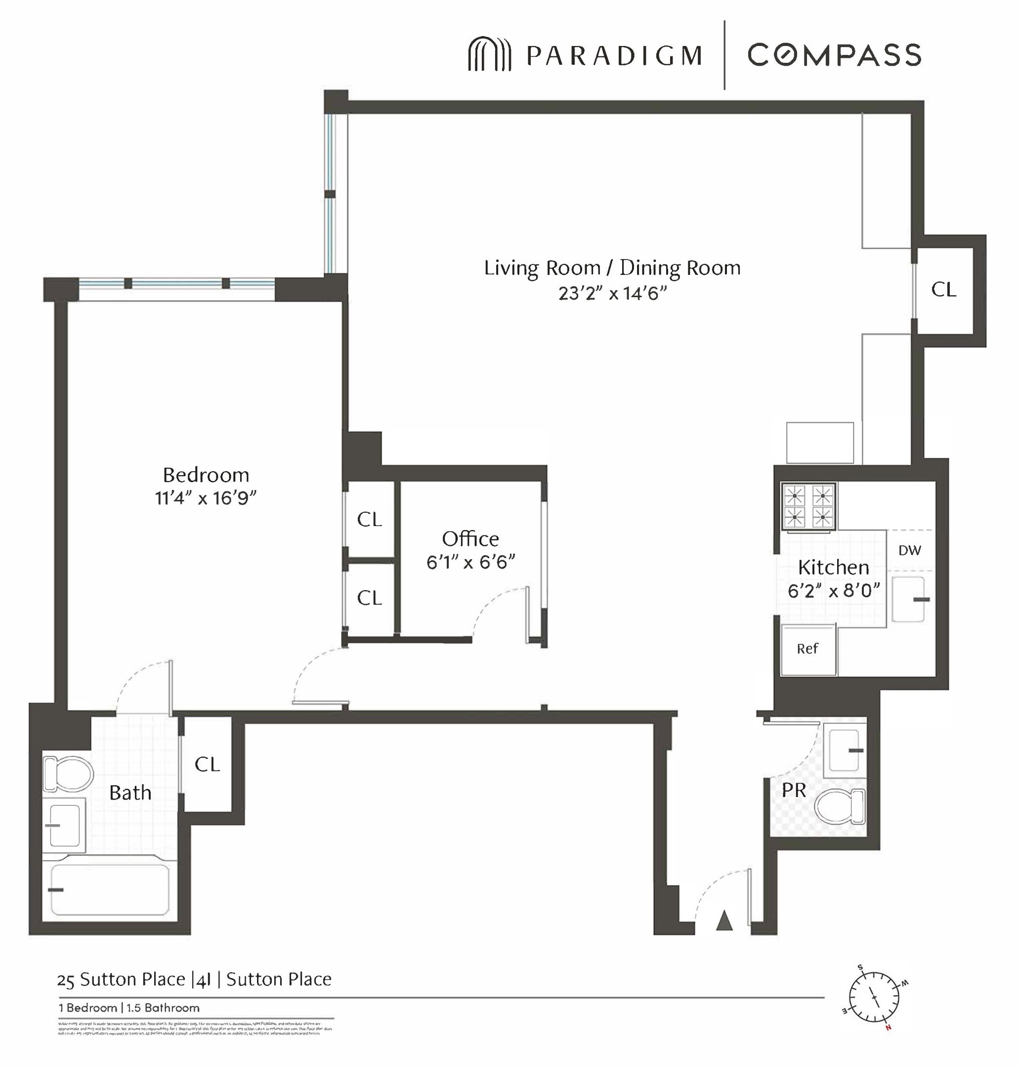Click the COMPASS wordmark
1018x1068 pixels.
[x=835, y=55]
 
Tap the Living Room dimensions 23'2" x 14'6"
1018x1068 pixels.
[x=612, y=294]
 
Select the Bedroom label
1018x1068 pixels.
[x=206, y=475]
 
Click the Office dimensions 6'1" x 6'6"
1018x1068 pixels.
[x=470, y=562]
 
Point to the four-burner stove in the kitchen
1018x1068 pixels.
[x=808, y=507]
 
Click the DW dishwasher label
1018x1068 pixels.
[x=909, y=550]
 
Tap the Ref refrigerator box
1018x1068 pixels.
[x=807, y=649]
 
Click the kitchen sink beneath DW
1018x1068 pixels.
[x=907, y=599]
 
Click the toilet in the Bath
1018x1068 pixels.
[x=68, y=773]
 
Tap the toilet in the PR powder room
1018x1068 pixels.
[x=840, y=806]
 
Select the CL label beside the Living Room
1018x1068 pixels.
[x=944, y=290]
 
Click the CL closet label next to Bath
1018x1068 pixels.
[x=207, y=764]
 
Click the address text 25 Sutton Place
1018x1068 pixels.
[x=121, y=979]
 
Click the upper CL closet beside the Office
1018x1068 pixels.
[x=369, y=520]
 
